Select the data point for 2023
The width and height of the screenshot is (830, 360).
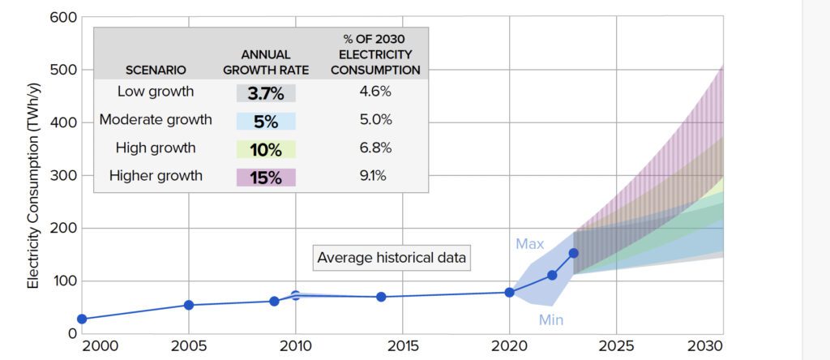[573, 253]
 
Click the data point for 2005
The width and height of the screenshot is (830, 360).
[189, 305]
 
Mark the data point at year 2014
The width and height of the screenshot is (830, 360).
[381, 297]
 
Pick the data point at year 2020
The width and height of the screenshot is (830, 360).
[509, 292]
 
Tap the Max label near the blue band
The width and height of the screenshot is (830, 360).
[530, 243]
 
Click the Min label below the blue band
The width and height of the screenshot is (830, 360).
[551, 320]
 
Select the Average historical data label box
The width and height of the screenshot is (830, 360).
[391, 258]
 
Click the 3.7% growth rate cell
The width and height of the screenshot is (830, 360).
[266, 92]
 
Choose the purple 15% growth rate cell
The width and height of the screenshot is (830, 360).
[266, 177]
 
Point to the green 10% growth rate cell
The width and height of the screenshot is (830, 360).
[266, 148]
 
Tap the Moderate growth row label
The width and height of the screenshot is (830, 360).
[156, 120]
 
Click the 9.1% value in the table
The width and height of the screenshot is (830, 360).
[375, 176]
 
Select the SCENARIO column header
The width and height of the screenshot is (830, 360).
[156, 70]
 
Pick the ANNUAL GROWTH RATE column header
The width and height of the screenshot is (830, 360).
[266, 62]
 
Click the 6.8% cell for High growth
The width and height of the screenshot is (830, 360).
[375, 148]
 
